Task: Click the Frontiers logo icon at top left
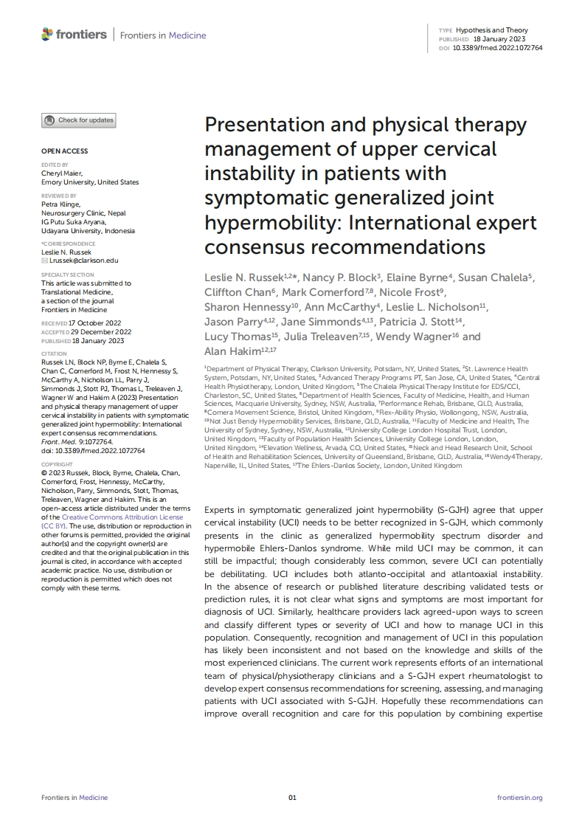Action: pyautogui.click(x=48, y=34)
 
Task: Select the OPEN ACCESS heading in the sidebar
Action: pyautogui.click(x=64, y=151)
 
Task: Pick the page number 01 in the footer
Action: pyautogui.click(x=292, y=798)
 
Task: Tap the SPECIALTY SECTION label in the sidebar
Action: pyautogui.click(x=68, y=275)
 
